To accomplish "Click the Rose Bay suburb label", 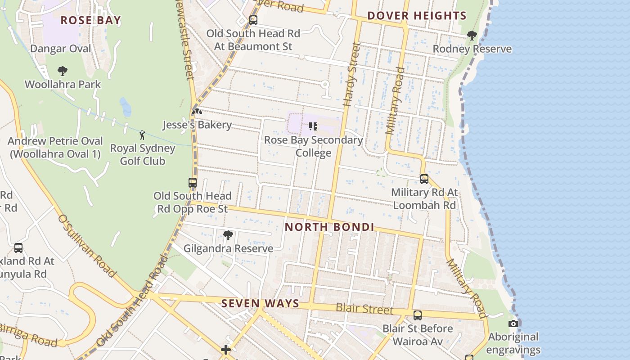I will [90, 20].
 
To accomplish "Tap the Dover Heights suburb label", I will [417, 16].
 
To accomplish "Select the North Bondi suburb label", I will [329, 227].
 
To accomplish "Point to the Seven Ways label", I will [260, 303].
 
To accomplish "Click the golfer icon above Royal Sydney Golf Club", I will [142, 135].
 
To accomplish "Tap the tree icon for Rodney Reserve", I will [472, 35].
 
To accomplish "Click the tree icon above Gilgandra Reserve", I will [228, 235].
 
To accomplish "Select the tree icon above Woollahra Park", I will [63, 71].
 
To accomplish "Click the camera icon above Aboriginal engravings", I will [513, 324].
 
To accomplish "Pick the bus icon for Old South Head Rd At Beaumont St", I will [253, 20].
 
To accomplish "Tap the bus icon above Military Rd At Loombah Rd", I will [424, 179].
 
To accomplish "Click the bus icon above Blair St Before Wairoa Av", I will [418, 315].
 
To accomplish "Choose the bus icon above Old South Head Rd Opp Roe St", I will [193, 182].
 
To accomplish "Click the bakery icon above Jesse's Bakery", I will [197, 111].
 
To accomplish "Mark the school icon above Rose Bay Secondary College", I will [313, 126].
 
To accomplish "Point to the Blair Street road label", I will [364, 309].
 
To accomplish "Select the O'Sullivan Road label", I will [87, 246].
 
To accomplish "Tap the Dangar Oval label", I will [61, 49].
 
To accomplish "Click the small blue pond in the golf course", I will [126, 108].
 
